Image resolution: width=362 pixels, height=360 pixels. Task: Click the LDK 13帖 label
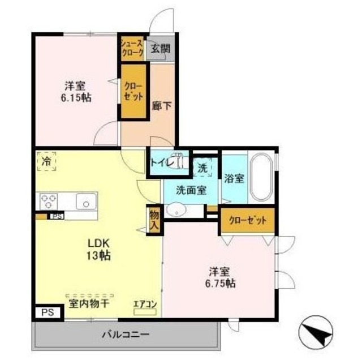tap(98, 249)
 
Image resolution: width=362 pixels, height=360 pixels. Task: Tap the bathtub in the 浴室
tap(261, 177)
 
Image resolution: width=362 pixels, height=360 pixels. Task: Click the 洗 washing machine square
tap(202, 168)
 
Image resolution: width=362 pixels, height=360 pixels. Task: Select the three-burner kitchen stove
tap(48, 201)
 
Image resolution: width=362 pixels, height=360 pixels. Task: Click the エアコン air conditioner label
tap(144, 304)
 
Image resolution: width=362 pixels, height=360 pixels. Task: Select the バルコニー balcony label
tap(125, 334)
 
